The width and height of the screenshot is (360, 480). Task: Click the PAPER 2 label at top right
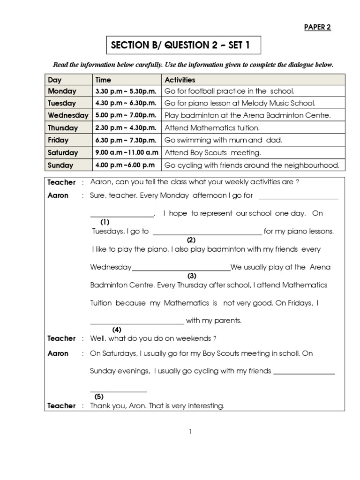pyautogui.click(x=317, y=27)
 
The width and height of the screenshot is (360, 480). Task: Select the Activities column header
pyautogui.click(x=180, y=80)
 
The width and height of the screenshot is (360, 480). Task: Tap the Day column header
pyautogui.click(x=55, y=80)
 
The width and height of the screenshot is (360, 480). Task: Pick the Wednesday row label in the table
pyautogui.click(x=67, y=115)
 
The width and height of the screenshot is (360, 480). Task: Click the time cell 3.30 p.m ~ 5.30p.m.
pyautogui.click(x=126, y=91)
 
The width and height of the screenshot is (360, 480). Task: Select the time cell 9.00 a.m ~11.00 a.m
pyautogui.click(x=127, y=152)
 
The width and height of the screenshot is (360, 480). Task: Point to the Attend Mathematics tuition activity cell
pyautogui.click(x=212, y=127)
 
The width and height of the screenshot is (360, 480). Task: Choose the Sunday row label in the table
pyautogui.click(x=60, y=165)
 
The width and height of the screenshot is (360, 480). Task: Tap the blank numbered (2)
pyautogui.click(x=207, y=233)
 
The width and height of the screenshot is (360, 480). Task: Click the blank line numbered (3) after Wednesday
pyautogui.click(x=181, y=270)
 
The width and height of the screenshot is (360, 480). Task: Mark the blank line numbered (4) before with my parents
pyautogui.click(x=136, y=323)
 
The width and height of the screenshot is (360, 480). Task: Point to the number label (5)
pyautogui.click(x=99, y=397)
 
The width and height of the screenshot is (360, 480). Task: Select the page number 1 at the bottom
pyautogui.click(x=190, y=432)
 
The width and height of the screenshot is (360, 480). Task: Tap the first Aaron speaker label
pyautogui.click(x=58, y=195)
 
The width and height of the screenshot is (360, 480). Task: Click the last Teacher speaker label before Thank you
pyautogui.click(x=61, y=406)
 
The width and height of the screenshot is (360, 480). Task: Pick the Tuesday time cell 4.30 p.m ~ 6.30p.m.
pyautogui.click(x=126, y=103)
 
